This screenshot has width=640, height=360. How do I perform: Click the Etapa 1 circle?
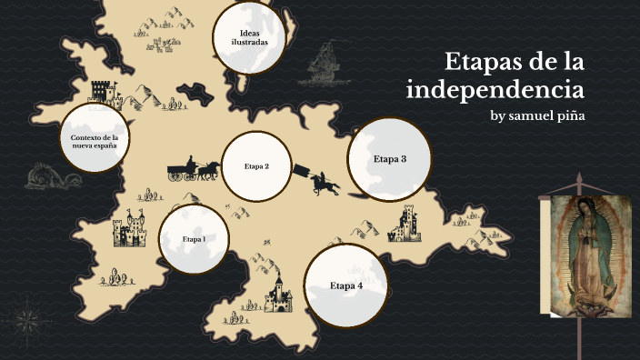(x=193, y=239)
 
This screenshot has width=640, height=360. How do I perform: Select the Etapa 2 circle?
(x=257, y=166)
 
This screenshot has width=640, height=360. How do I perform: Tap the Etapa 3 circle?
(x=389, y=159)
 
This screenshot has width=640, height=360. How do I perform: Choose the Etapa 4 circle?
(x=345, y=285)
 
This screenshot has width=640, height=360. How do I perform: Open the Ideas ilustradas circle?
(x=249, y=37)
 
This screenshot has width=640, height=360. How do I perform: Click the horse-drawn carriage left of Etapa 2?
(x=193, y=169)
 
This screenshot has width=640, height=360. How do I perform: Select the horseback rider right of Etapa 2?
(x=320, y=183)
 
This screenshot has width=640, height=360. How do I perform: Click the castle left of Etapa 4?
(x=277, y=292)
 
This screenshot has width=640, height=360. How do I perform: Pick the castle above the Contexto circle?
(x=105, y=93)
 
